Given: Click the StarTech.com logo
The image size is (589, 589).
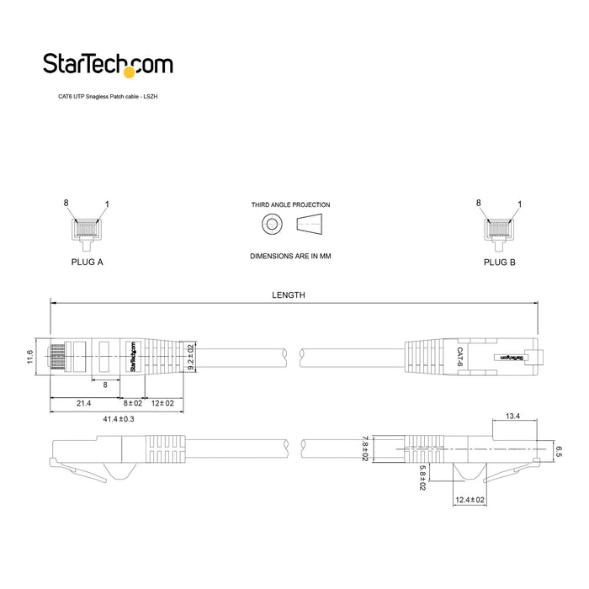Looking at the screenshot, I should coord(108,65).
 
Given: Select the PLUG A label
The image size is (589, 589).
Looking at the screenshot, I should coord(87,263).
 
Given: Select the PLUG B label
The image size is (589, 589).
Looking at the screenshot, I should coord(500,263).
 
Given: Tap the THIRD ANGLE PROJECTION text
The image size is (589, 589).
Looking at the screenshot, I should coord(290,204).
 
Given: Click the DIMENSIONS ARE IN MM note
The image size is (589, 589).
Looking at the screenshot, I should coord(290,255).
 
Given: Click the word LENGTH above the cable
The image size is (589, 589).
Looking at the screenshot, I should coord(289,295).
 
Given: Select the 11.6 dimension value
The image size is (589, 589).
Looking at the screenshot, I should coord(30,358).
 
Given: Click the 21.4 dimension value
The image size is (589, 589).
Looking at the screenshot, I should coord(83,404).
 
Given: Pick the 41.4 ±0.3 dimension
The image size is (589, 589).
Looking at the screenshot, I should coord(119,418).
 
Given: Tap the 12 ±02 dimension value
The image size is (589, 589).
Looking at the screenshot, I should coord(162,404).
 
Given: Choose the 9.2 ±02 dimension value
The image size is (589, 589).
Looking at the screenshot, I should coord(191,358).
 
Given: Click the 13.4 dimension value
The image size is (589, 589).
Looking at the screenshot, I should coord(512,416).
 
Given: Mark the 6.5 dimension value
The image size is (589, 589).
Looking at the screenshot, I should coord(558,450).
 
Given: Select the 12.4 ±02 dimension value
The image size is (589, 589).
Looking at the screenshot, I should coord(470,500).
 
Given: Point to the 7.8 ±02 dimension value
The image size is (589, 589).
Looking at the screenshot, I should coord(363,448).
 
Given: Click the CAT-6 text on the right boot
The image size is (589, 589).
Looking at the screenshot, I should coord(459,356).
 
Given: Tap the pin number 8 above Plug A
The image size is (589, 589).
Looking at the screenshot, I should coord(66,203).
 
